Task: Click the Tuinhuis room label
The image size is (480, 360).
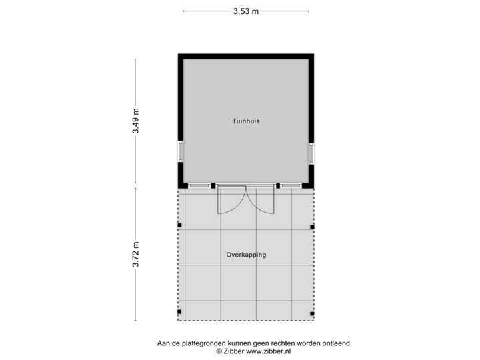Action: pos(245,122)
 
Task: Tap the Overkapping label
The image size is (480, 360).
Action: pos(245,255)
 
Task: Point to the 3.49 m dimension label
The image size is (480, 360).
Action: pos(136,121)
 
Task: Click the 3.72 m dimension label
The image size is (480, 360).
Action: pos(136,254)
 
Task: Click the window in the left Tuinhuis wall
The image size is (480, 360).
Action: pos(179,152)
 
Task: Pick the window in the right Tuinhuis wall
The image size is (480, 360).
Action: pos(311,152)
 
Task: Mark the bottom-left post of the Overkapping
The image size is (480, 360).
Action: pos(178,312)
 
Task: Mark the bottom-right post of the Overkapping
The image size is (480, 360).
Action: pos(313,312)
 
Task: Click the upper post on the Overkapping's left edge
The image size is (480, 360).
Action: pos(178,227)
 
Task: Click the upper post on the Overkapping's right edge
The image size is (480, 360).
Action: pos(313,227)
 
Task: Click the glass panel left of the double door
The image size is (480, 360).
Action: pos(200,185)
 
